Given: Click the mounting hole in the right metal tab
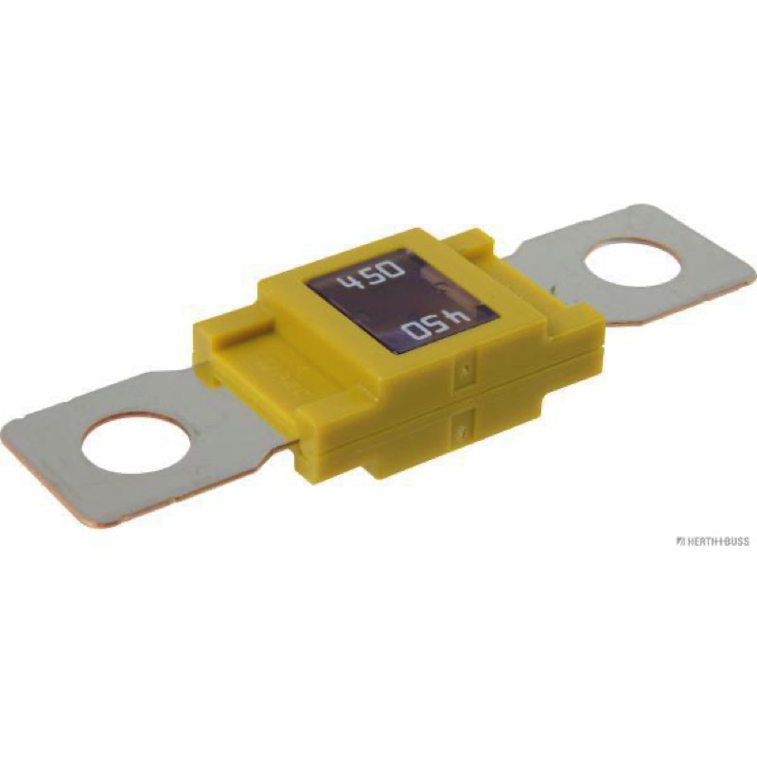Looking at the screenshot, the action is [631, 270].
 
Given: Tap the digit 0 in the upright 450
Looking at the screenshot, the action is [392, 269].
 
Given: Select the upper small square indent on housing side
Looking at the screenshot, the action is [463, 368].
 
